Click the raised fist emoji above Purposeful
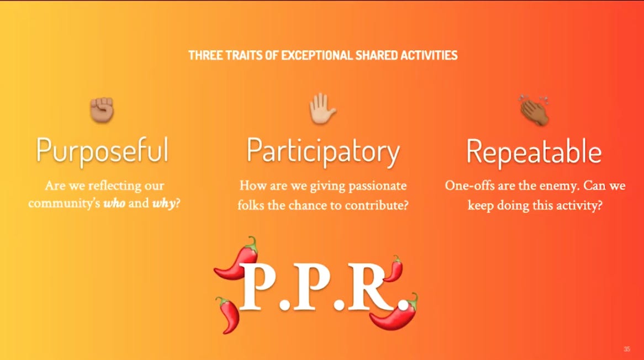coord(102,109)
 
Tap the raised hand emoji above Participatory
coord(323,109)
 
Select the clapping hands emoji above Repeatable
coord(534,110)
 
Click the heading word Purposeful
coord(102,151)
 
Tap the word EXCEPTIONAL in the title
coord(316,55)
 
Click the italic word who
coord(114,203)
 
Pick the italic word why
coord(163,204)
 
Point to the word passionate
coord(377,186)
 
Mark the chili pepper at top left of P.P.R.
coord(236,258)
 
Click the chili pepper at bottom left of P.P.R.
coord(228,315)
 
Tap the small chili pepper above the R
coord(394,268)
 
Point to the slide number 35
coord(627,350)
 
